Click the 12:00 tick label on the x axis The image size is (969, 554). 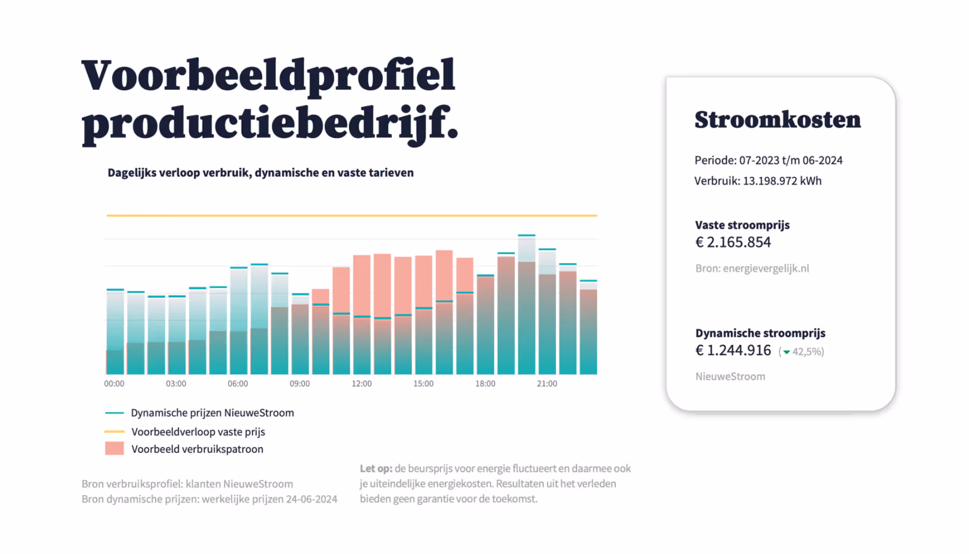pos(361,384)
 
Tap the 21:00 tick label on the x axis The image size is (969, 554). pos(546,384)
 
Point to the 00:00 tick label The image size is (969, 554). pos(114,384)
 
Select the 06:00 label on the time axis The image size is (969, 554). pos(237,384)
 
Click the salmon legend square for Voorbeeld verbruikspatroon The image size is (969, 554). pos(114,448)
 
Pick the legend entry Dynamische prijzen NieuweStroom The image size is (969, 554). pos(212,413)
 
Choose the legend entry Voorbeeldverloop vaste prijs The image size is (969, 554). pos(198,432)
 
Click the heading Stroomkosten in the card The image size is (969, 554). pos(777,120)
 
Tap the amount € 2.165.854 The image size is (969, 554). pos(733,242)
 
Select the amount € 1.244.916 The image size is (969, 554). pos(733,350)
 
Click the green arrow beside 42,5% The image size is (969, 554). pos(787,352)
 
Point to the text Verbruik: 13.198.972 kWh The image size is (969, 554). pos(757,181)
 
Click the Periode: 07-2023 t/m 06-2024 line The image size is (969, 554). pos(768,160)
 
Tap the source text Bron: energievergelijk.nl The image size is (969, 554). pos(752,268)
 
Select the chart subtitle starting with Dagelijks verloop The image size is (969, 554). pos(261,173)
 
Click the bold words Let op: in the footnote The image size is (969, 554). pos(376,468)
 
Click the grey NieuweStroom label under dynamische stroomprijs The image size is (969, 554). pos(730,376)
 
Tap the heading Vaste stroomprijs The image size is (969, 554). pos(742,225)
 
